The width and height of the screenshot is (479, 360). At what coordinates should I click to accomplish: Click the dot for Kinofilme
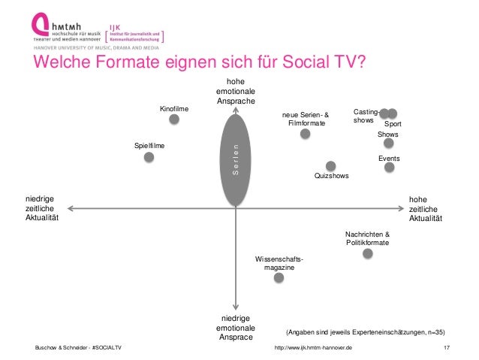[174, 119]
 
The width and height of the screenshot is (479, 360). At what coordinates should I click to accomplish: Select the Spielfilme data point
[149, 156]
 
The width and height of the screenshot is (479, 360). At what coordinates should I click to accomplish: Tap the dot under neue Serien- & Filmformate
[305, 134]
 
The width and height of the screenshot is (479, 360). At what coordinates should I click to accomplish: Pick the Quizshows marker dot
[330, 165]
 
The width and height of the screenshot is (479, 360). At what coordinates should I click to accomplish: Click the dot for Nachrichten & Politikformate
[368, 253]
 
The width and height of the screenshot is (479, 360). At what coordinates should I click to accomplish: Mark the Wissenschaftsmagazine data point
[279, 277]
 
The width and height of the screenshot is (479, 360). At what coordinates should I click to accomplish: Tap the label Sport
[393, 124]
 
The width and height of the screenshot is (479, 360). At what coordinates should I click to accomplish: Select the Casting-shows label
[364, 115]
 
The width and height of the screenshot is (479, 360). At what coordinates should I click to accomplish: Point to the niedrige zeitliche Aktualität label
[42, 209]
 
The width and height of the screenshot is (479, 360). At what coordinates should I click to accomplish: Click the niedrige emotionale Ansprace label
[236, 328]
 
